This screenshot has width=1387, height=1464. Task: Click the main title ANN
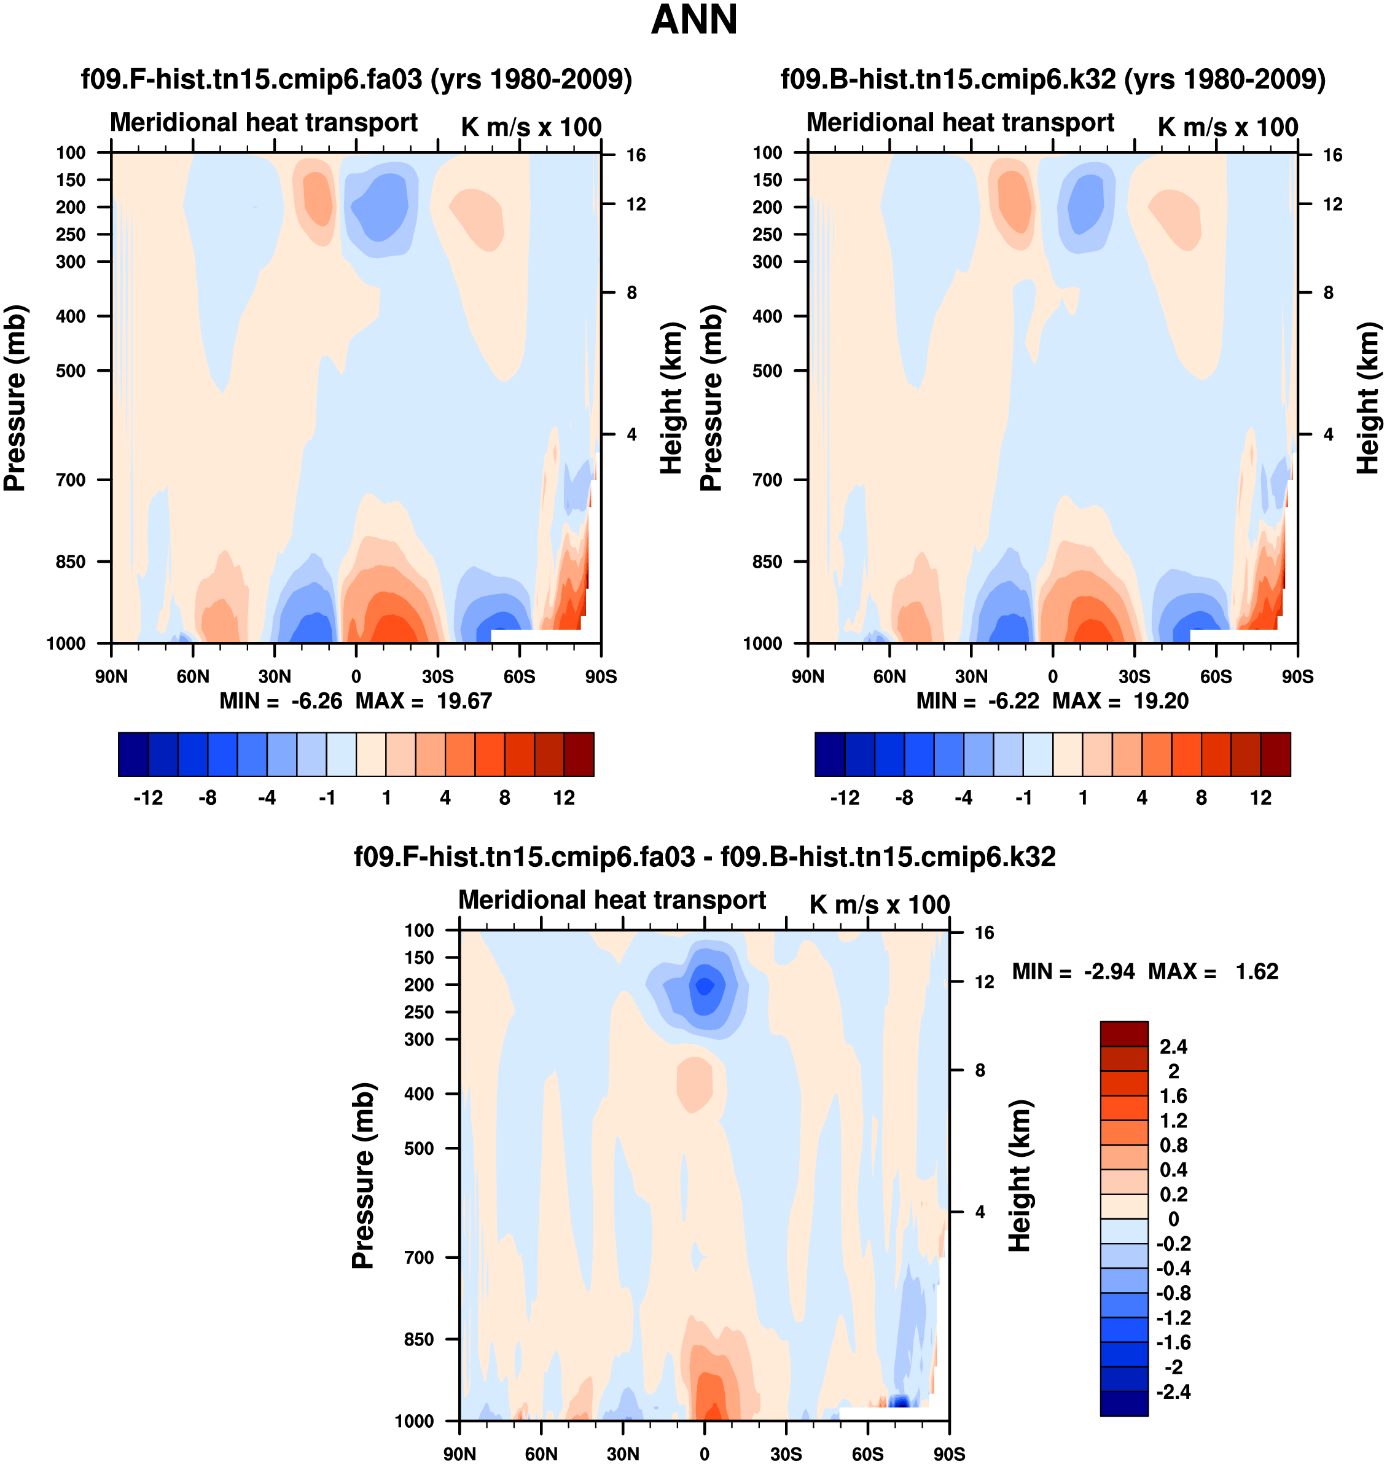coord(693,20)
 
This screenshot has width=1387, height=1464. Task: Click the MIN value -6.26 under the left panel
coord(316,701)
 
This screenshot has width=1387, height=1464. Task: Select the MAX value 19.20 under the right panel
coord(1161,701)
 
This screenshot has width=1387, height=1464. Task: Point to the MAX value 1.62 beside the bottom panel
coord(1257,971)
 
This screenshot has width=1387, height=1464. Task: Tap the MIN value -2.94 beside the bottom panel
coord(1109,971)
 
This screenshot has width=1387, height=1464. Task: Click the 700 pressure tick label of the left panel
coord(71,480)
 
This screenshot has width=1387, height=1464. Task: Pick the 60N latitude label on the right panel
coord(889,676)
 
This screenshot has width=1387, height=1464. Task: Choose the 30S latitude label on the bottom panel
coord(786,1454)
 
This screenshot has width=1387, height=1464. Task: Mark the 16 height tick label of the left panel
coord(636,155)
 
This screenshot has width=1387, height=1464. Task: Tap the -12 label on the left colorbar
coord(148,798)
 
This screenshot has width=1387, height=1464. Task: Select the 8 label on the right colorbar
coord(1201,798)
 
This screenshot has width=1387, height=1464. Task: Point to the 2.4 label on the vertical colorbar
coord(1173,1047)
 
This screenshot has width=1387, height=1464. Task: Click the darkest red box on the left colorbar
coord(579,754)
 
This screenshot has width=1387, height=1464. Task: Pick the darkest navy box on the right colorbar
coord(829,754)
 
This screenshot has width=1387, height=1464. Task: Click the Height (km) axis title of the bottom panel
coord(1020,1176)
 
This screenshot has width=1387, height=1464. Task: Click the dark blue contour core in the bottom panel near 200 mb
coord(705,987)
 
